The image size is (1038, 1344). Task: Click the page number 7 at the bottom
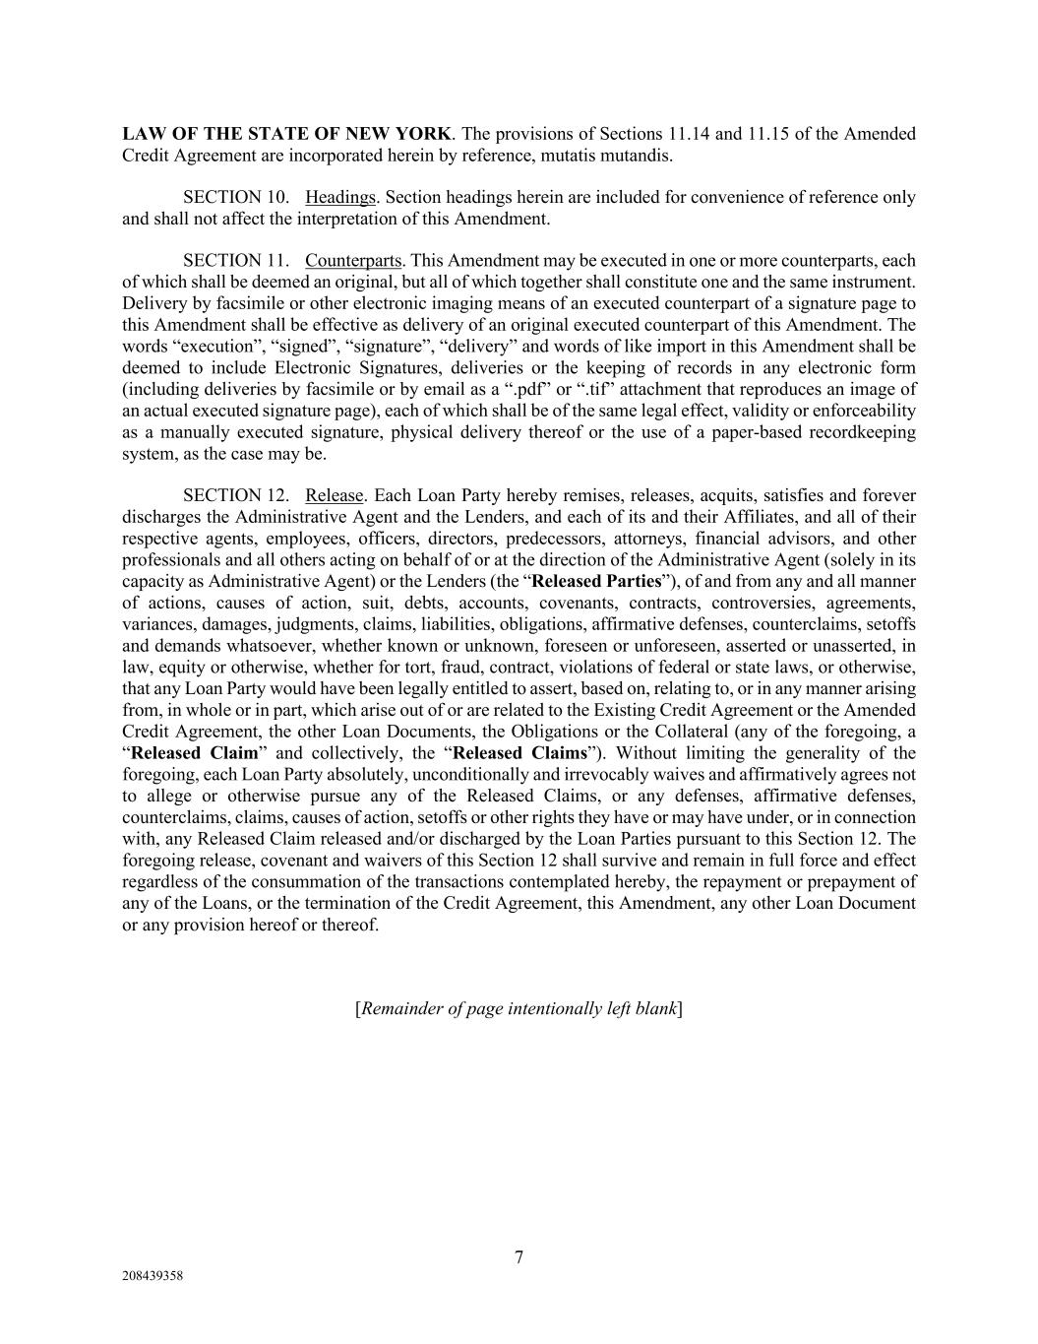point(519,1257)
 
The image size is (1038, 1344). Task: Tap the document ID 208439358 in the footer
point(153,1276)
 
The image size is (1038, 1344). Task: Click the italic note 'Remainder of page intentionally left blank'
point(519,1008)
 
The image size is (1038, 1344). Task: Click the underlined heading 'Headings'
point(341,197)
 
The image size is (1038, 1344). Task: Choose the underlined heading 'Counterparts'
point(353,261)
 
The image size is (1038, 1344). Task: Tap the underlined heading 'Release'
point(335,495)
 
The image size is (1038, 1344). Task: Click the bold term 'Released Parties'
point(596,581)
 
